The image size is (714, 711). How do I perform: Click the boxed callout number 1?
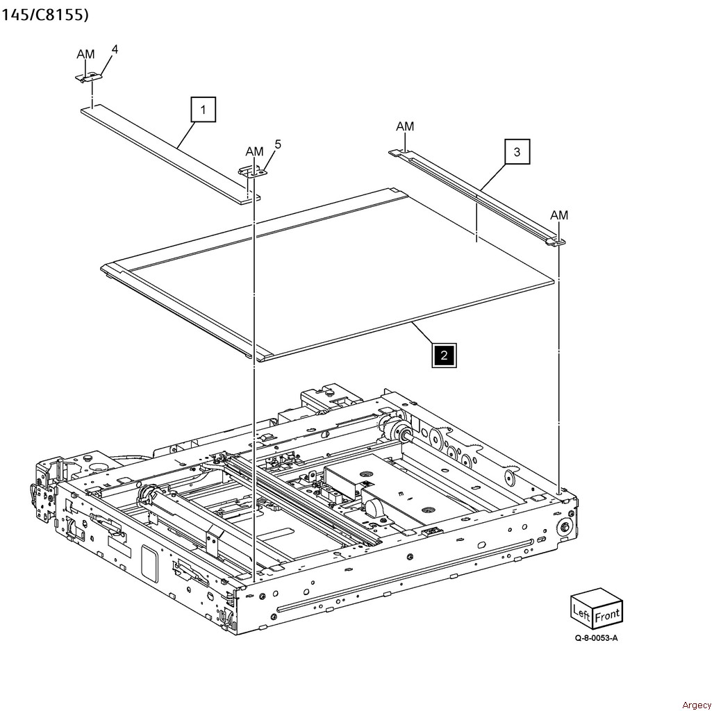click(203, 109)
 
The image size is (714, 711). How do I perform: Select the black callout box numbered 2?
click(444, 355)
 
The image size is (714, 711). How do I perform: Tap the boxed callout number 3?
click(517, 151)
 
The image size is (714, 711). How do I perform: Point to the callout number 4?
click(115, 49)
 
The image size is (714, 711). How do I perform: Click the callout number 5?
click(278, 144)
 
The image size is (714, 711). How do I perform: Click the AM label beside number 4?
click(85, 54)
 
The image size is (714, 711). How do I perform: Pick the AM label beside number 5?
click(254, 151)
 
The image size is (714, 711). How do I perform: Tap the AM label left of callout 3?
click(405, 126)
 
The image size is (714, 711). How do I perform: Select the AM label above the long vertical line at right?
click(559, 215)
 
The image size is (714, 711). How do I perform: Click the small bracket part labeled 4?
click(89, 77)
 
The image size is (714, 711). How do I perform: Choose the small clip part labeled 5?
click(253, 172)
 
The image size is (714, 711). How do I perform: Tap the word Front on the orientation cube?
click(607, 615)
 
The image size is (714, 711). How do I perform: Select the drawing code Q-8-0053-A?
click(596, 637)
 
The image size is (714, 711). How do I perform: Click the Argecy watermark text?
click(696, 705)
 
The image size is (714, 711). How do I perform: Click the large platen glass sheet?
click(328, 273)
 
